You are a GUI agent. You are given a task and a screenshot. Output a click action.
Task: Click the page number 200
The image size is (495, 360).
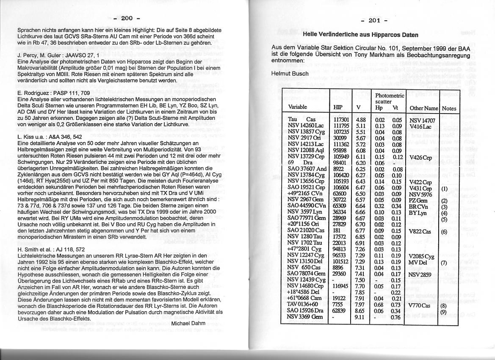pos(127,18)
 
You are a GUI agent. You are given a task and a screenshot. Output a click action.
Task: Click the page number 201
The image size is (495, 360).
pos(374,21)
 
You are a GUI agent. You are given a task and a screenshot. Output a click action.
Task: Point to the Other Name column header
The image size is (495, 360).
pos(423,108)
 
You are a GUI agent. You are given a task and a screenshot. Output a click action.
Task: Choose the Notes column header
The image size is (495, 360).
pos(449,108)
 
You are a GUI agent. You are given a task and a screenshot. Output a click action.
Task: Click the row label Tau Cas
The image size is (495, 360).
pos(302,119)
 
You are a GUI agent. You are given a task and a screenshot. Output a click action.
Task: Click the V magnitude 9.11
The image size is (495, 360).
pos(359,317)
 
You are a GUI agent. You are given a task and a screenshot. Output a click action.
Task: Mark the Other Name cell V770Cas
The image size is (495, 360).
pos(420,305)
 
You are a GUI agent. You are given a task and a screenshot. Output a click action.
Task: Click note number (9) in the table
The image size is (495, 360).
pos(444,312)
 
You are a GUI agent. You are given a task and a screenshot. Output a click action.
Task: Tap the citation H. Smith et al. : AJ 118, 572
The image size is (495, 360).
pos(57,249)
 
